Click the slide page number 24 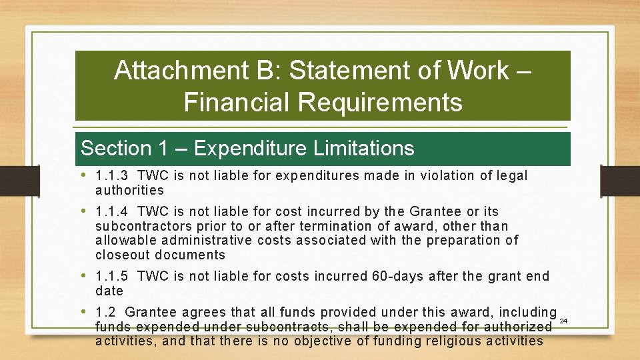563,321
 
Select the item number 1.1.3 112,176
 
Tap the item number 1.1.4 112,212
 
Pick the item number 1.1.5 112,276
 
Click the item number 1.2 106,312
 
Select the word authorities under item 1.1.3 129,190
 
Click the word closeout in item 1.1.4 122,255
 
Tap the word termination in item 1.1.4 321,227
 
